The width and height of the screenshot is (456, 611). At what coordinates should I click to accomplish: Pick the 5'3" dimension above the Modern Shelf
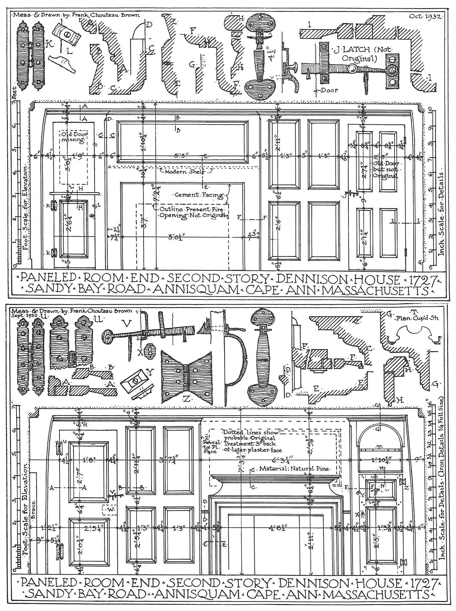(x=182, y=156)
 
